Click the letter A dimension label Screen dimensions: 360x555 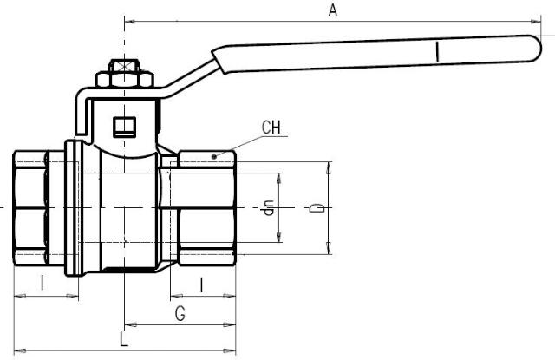331,10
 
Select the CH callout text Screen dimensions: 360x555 271,128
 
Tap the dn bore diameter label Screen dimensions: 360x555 269,208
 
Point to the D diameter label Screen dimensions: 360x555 317,208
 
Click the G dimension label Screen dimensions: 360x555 180,313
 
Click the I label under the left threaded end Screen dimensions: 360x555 42,283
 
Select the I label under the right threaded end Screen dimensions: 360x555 201,283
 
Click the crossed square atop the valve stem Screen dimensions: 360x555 124,65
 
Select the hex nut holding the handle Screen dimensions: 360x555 124,80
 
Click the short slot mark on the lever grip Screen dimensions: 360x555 439,53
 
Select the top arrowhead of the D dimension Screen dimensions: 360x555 328,166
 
